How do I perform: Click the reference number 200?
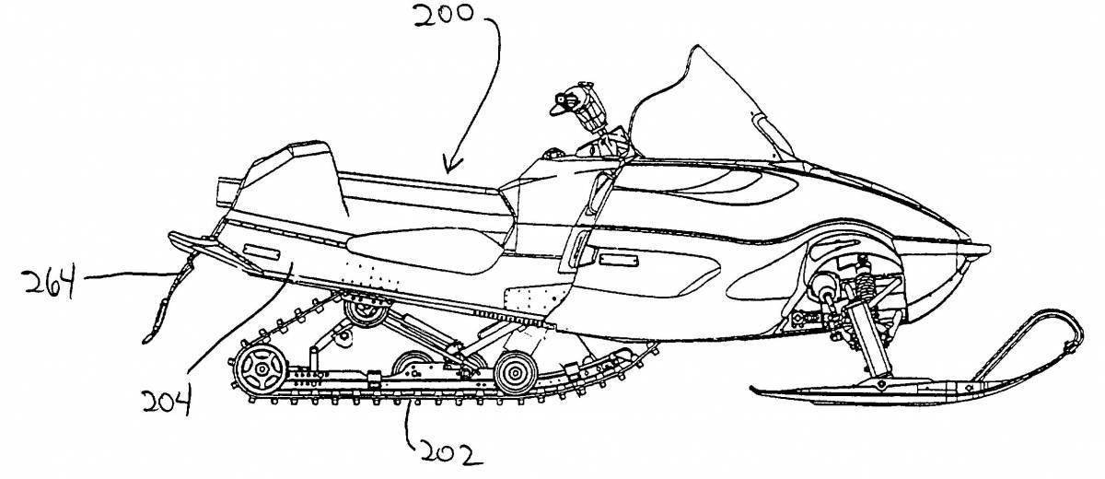point(443,15)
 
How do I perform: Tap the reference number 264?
point(51,280)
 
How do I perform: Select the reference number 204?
point(167,402)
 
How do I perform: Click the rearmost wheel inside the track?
point(261,369)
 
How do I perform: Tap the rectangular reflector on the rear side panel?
point(262,252)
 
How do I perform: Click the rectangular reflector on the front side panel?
point(618,260)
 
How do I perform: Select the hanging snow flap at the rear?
point(168,301)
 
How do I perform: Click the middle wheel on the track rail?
point(413,365)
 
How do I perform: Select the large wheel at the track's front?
point(516,373)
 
